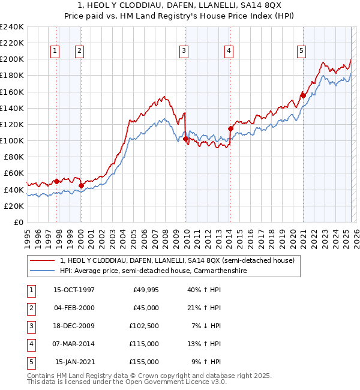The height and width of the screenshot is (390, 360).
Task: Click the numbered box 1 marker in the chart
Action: [x=55, y=52]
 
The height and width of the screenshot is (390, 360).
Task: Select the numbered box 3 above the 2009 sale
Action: [x=183, y=52]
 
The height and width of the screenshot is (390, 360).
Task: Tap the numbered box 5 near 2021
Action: [x=301, y=52]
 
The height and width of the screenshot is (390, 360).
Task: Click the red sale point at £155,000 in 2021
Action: [x=303, y=95]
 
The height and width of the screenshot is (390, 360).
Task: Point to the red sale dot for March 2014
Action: [x=230, y=128]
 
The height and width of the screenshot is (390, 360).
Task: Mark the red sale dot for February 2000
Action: [x=81, y=185]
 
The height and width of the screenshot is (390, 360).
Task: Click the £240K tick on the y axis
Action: [x=12, y=27]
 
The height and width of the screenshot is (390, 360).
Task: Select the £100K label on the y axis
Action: [x=12, y=140]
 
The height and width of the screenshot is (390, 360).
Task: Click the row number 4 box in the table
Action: [x=29, y=344]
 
